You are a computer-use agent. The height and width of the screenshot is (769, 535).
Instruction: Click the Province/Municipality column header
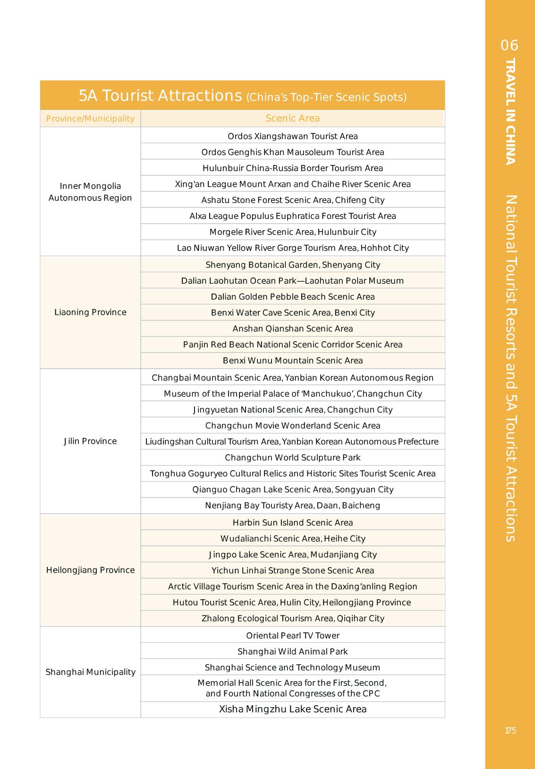(x=90, y=119)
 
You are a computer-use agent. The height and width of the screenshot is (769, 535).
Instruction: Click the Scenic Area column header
(x=292, y=119)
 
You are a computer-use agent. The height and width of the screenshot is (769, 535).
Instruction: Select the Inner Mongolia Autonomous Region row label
(x=90, y=192)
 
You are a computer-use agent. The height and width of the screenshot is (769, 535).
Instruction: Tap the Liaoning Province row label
(x=90, y=312)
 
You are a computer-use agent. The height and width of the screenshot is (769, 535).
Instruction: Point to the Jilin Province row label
(x=90, y=441)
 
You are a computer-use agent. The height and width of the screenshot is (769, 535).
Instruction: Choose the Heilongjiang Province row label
(x=90, y=570)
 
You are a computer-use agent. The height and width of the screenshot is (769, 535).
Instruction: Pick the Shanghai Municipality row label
(x=90, y=672)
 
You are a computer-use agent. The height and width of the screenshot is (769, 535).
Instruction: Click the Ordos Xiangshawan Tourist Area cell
(x=292, y=137)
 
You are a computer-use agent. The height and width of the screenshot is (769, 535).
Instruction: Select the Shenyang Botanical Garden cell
(x=292, y=265)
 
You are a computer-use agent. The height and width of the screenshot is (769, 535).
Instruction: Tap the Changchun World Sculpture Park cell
(x=292, y=458)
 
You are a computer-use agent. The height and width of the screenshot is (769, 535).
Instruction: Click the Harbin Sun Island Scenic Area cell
(x=292, y=523)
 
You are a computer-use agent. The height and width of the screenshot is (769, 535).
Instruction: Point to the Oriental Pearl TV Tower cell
(x=292, y=636)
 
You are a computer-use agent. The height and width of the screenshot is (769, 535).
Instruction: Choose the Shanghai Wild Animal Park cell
(x=292, y=652)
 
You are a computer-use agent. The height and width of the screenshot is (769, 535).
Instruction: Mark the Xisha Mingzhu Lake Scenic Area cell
(x=292, y=709)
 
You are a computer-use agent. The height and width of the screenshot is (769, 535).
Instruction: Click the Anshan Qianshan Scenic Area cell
(x=292, y=329)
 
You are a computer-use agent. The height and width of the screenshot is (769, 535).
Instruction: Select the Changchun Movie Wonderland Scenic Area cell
(x=292, y=426)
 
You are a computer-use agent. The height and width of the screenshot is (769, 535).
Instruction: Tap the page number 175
(x=510, y=731)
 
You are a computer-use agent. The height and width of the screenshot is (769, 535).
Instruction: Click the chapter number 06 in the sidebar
(x=510, y=46)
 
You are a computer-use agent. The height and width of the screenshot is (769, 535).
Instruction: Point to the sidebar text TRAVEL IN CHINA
(x=510, y=112)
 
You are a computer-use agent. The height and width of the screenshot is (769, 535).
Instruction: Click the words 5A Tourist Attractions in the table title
(x=160, y=96)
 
